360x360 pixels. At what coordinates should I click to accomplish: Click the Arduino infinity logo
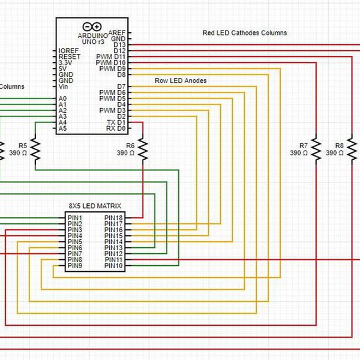tap(92, 26)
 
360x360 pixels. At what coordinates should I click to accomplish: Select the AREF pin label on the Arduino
tap(118, 33)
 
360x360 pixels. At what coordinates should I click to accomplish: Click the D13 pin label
tap(119, 45)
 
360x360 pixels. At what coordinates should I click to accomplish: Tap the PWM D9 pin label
tap(112, 69)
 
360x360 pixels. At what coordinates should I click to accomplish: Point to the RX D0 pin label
tap(116, 128)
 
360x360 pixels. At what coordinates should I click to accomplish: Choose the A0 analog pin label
tap(62, 98)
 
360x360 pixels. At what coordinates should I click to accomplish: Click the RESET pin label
tap(70, 57)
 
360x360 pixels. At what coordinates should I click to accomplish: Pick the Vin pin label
tap(64, 86)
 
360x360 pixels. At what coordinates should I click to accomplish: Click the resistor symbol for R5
tap(35, 149)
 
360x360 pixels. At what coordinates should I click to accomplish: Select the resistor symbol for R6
tap(143, 149)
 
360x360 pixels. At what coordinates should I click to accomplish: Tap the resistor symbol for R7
tap(316, 149)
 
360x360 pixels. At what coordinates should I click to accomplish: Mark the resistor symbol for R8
tap(352, 149)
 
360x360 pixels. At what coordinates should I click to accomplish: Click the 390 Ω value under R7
tap(298, 154)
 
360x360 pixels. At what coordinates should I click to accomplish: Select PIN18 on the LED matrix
tap(113, 218)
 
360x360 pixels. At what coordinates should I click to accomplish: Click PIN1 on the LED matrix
tap(75, 218)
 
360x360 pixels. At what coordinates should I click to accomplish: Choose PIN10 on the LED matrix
tap(113, 266)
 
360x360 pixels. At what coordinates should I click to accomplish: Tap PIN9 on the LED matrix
tap(75, 266)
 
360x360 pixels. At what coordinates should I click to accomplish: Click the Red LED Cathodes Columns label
tap(245, 33)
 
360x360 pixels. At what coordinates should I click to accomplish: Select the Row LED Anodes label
tap(181, 80)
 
